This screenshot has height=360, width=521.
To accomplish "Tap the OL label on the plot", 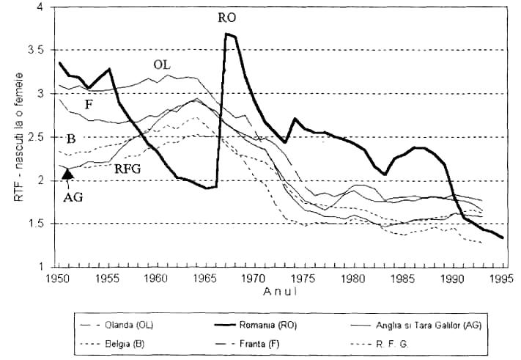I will click(x=163, y=65).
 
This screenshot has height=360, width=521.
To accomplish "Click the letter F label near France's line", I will click(x=89, y=104).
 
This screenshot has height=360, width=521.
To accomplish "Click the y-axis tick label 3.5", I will click(x=40, y=50).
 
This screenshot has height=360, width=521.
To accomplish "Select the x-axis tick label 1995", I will click(x=500, y=279).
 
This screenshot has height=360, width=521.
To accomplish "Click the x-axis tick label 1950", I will click(x=57, y=279).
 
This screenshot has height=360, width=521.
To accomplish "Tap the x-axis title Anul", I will click(x=278, y=290).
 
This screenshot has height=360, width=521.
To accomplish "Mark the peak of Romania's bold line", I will click(x=227, y=34).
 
